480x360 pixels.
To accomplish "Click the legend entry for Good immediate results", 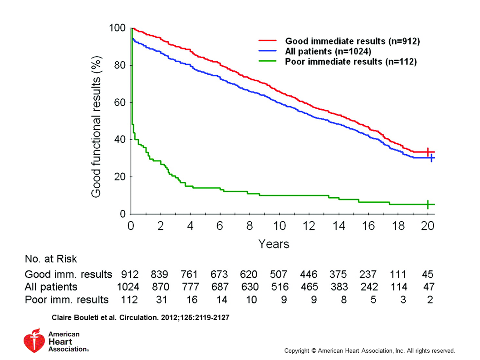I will tap(352, 42).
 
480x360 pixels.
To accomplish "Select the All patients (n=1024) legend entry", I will tap(328, 52).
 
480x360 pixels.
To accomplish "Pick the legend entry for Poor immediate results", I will tap(351, 62).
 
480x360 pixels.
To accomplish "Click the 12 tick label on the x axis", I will tap(309, 226).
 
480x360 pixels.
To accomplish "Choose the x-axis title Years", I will tap(274, 244).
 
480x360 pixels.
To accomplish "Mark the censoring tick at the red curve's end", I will tap(428, 152).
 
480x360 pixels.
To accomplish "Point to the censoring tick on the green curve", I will tap(428, 204).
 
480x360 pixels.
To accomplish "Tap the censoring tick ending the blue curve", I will tap(431, 158).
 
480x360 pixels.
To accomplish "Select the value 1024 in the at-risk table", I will tap(127, 287).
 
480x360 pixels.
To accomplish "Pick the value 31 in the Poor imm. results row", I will tap(160, 300).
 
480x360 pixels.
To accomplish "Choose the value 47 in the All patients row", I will tap(427, 287).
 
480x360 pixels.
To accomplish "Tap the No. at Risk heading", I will tap(50, 259).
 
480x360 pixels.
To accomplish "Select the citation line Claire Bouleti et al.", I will tap(141, 318).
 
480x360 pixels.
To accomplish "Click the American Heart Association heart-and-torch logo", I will tap(34, 341).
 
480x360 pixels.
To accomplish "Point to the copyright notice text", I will tap(369, 350).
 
